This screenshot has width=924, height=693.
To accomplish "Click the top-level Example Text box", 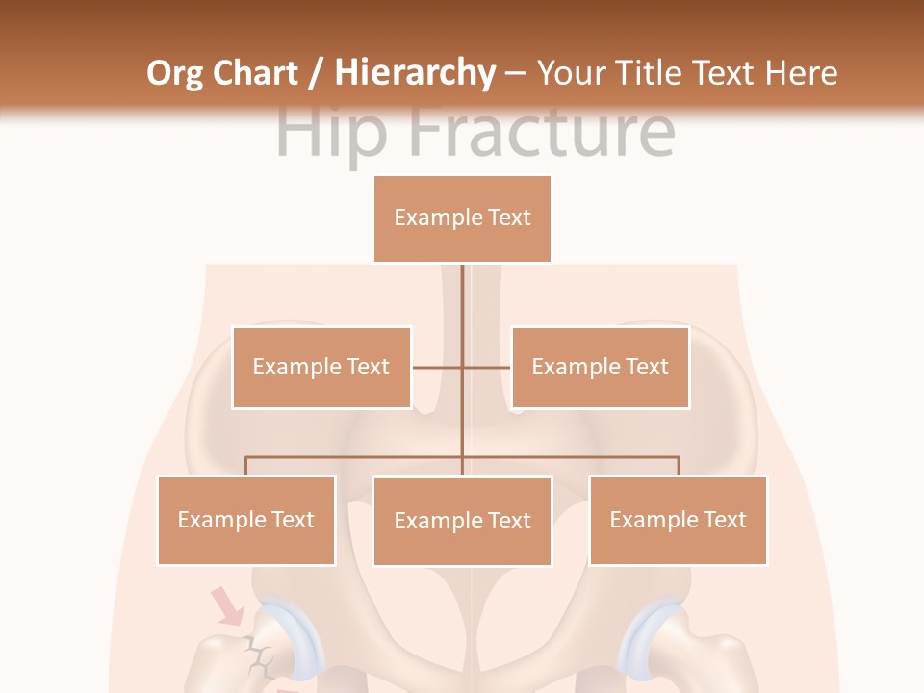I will pyautogui.click(x=462, y=218).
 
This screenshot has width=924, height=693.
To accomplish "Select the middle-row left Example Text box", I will pyautogui.click(x=321, y=368).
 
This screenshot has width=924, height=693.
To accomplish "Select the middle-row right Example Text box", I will pyautogui.click(x=600, y=368).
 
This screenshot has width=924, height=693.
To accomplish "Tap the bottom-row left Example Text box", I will pyautogui.click(x=246, y=521).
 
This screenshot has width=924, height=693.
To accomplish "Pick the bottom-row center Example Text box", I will pyautogui.click(x=462, y=522).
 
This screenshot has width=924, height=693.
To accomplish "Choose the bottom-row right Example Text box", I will pyautogui.click(x=678, y=521).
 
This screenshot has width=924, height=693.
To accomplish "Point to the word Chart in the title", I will pyautogui.click(x=259, y=73).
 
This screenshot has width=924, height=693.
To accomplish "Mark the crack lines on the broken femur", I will pyautogui.click(x=257, y=655).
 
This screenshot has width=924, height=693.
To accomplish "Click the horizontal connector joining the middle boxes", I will pyautogui.click(x=462, y=368).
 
